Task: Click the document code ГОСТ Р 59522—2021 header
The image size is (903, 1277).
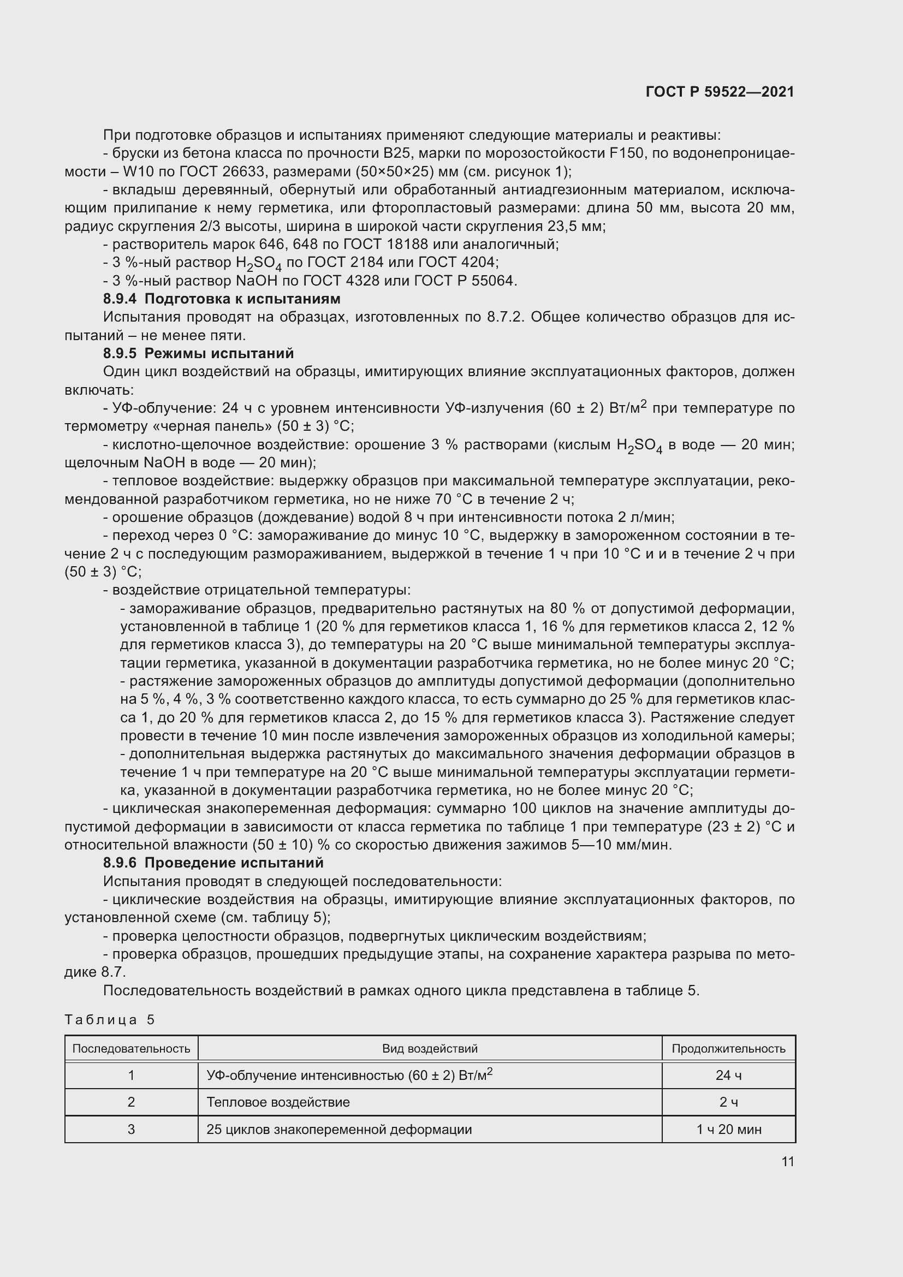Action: coord(720,92)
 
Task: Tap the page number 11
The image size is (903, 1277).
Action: coord(787,1161)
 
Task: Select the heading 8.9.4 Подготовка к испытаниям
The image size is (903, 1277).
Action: coord(221,299)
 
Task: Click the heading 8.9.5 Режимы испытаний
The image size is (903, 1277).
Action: coord(198,353)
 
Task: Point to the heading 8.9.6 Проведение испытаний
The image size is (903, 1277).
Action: coord(213,863)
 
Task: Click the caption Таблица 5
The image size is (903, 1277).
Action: coord(110,1019)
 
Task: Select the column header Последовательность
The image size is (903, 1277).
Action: coord(131,1048)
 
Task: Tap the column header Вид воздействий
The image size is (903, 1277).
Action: coord(429,1048)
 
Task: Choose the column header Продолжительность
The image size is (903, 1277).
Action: coord(728,1048)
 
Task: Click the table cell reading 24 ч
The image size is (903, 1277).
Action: coord(728,1075)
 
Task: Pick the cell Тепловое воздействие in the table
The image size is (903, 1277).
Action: coord(278,1102)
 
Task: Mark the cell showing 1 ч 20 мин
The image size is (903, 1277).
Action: coord(728,1129)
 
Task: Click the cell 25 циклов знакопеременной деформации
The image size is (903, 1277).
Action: coord(338,1129)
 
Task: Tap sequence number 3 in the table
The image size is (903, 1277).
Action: coord(131,1129)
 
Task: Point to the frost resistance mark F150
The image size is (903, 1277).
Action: coord(628,153)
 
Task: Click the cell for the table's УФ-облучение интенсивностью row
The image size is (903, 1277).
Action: coord(349,1075)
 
